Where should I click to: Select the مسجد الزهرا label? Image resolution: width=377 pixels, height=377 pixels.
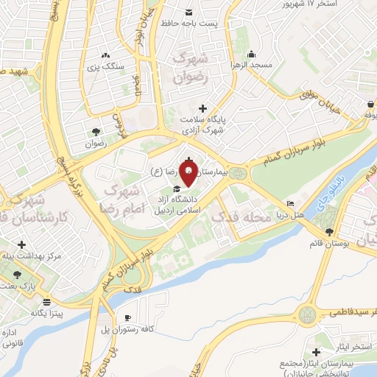[x=271, y=65]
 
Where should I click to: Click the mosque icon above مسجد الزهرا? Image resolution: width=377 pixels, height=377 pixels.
[x=252, y=54]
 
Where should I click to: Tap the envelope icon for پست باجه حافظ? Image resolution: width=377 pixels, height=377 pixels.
[x=188, y=13]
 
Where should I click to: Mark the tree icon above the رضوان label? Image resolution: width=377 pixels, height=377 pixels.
[x=96, y=133]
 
